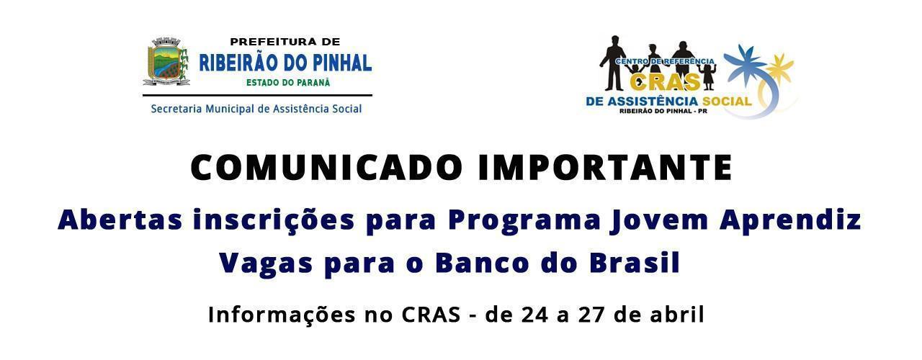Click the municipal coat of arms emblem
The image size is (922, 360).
coord(166,61)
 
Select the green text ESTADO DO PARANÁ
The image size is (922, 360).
coord(288,83)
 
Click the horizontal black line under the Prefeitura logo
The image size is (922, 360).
coord(258,96)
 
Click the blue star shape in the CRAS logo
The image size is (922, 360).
coord(746,65)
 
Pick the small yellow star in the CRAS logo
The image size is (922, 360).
coord(779,66)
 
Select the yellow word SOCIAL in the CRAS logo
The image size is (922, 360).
coord(727,101)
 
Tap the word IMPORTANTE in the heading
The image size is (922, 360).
coord(604,168)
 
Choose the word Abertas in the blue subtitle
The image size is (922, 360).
coord(120,220)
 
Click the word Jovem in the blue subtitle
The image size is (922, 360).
coord(659,221)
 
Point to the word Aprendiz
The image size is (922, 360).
coord(790,221)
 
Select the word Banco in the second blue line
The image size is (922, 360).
coord(482,263)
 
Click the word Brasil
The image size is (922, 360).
coord(635,262)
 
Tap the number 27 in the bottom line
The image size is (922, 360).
coord(592,315)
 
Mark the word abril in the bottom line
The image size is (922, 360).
coord(678,315)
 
